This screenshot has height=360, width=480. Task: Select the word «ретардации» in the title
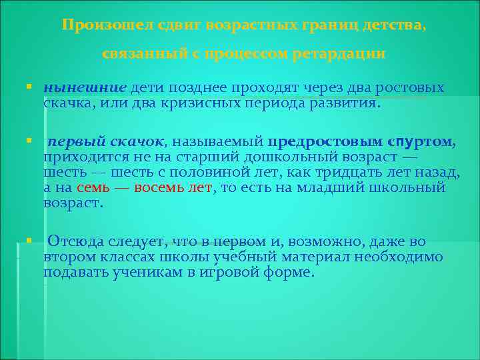[x=339, y=53]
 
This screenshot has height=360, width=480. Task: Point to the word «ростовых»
[x=412, y=89]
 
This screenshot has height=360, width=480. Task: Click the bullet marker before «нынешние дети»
[x=29, y=87]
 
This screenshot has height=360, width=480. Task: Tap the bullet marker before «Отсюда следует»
[x=29, y=239]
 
